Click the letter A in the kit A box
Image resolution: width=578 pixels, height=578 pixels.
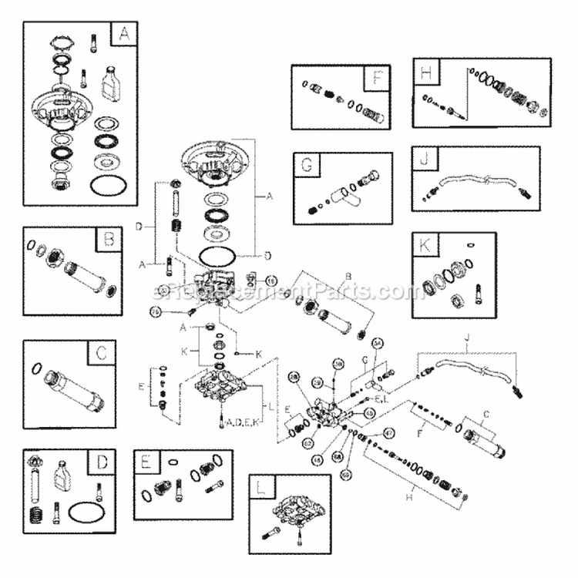(x=123, y=35)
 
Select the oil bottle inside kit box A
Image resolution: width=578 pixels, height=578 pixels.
(x=109, y=78)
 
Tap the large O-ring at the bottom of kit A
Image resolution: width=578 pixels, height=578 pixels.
(x=106, y=186)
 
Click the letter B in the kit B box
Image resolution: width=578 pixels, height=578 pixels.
(x=109, y=241)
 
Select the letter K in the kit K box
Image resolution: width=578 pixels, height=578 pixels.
(x=425, y=246)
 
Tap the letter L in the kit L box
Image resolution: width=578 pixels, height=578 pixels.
(x=263, y=487)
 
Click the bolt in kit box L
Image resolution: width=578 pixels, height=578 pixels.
(x=274, y=533)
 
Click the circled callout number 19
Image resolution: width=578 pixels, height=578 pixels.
(x=271, y=280)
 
